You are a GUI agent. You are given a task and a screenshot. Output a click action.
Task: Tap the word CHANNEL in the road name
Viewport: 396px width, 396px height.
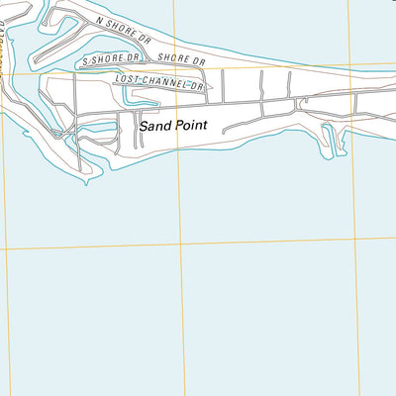click(161, 82)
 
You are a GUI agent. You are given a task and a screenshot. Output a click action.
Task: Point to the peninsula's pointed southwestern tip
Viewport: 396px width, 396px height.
click(86, 182)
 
